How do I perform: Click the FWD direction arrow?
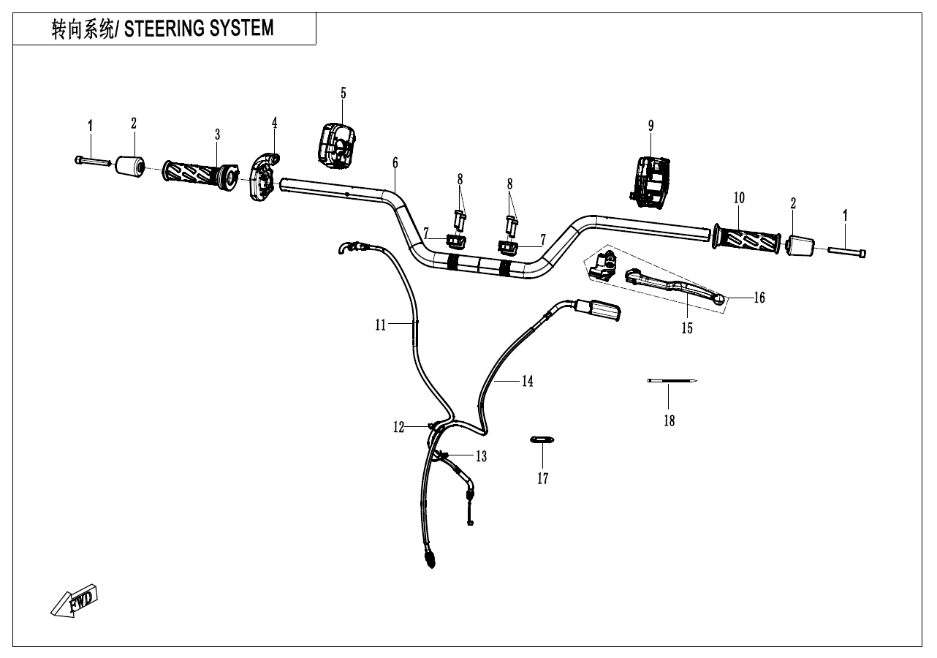pos(75,600)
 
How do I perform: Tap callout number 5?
pos(343,93)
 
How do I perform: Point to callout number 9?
pos(650,126)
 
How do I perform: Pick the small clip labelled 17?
pos(542,439)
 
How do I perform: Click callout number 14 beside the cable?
pos(527,382)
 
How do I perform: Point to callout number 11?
pos(380,326)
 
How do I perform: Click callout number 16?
pos(759,298)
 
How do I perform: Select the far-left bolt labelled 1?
pos(91,160)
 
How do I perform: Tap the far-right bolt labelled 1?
pos(848,253)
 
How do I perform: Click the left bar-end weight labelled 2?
pos(129,164)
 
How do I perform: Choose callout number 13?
pos(480,457)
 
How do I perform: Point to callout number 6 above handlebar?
pos(395,161)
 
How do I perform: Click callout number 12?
pos(398,428)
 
